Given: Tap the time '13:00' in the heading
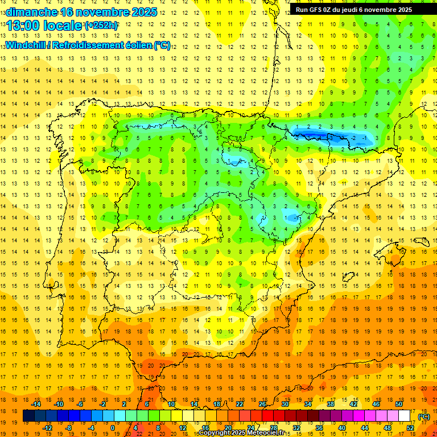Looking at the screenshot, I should click(x=23, y=26).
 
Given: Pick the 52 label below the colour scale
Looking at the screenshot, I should click(x=410, y=428).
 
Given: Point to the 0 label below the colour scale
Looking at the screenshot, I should click(x=113, y=428).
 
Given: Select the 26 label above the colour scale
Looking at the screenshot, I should click(x=262, y=404).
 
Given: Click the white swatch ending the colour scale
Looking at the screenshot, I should click(x=405, y=416).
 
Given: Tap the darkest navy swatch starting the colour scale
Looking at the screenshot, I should click(x=28, y=416).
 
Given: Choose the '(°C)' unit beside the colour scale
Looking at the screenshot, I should click(x=424, y=417).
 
